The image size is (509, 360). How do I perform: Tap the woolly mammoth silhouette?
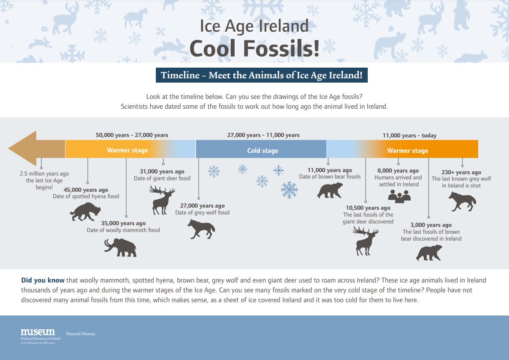pos(120,247)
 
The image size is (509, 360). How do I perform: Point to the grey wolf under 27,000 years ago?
pos(201,229)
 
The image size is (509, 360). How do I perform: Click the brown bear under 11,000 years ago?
pos(330,190)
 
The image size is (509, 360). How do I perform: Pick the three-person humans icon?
pos(399,196)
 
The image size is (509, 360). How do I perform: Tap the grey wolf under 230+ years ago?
pos(462,201)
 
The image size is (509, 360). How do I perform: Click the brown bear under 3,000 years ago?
pos(429,253)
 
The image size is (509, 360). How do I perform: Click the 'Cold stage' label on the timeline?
pos(262,151)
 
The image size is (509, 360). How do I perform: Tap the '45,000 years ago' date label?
pos(86,190)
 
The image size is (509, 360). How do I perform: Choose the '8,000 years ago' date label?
pos(398,171)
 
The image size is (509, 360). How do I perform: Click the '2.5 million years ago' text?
pos(44,174)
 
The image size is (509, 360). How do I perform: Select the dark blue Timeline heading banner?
pos(262,75)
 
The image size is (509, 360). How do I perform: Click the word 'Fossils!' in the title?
pos(281,49)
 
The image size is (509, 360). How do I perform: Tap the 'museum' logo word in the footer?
pos(38,332)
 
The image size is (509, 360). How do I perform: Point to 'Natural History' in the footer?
pos(81,334)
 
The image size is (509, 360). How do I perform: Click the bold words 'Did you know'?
pos(43,280)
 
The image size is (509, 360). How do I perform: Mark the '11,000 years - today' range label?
pos(409,135)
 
